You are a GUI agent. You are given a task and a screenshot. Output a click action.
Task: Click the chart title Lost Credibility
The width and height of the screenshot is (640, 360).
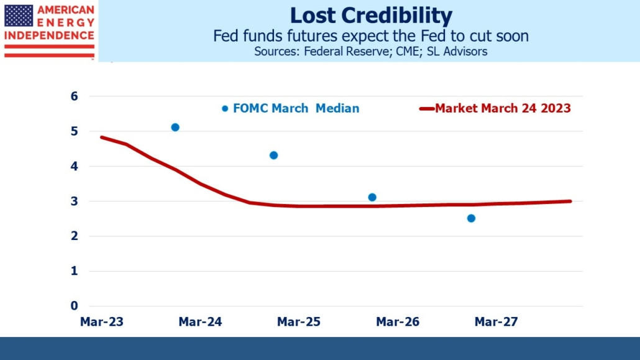coord(371,15)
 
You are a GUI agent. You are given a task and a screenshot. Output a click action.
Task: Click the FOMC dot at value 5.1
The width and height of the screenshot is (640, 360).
coord(175,127)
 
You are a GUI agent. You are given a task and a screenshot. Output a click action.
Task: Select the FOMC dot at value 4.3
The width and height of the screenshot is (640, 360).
coord(273,155)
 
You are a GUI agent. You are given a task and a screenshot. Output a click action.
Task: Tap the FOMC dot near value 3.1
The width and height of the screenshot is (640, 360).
coord(372,197)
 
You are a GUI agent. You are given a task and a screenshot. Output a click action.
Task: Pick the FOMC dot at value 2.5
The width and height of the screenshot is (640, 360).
coord(471,218)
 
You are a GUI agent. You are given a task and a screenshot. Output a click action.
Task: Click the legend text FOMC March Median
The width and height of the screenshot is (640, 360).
coord(296,108)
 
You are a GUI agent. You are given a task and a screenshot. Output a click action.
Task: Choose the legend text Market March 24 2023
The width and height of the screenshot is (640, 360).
coord(503,108)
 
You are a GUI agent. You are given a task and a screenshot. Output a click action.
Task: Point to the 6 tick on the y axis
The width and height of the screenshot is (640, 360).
coord(74,96)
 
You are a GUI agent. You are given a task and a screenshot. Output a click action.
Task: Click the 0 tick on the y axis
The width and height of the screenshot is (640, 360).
coord(74,306)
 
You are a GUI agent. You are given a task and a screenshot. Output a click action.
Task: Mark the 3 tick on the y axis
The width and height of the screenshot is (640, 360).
coord(74,201)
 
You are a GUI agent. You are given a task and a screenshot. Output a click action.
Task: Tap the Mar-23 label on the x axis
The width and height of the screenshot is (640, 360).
coord(101,322)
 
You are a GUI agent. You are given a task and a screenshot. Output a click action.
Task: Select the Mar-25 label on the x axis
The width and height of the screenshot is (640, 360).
coord(299,322)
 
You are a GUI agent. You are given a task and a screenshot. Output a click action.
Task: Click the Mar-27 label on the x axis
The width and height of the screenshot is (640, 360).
coord(496,322)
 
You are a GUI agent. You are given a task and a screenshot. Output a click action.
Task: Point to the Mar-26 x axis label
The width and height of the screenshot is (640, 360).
coord(398,322)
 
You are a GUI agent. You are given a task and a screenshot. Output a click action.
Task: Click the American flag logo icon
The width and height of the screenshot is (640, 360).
coord(19,16)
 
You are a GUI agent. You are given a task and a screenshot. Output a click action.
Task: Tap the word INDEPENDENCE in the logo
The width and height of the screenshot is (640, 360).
coord(49,35)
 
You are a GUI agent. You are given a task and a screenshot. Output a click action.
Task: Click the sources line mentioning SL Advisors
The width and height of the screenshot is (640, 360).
coord(371,52)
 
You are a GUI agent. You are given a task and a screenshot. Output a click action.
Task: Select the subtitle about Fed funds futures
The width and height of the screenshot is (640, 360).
coord(371,35)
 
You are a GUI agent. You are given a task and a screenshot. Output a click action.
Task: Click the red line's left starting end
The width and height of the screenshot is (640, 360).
coord(102,137)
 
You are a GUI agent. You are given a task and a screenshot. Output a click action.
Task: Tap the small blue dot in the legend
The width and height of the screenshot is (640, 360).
coord(225,108)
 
